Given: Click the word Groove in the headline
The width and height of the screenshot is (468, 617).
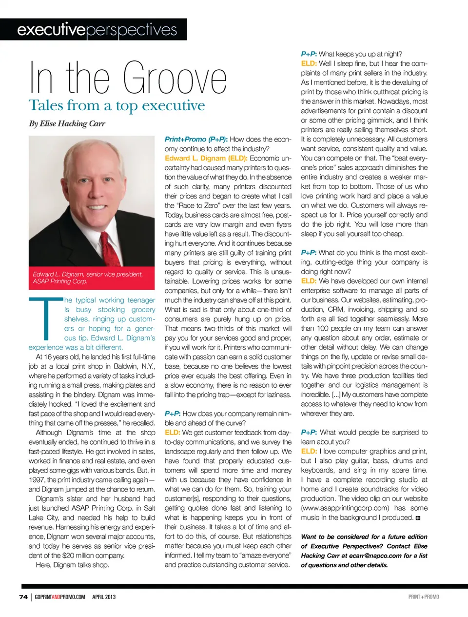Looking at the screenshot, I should tap(175, 78).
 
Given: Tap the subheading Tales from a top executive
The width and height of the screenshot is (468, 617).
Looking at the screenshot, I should tap(117, 105).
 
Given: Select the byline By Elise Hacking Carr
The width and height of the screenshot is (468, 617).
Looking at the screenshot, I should tap(67, 123).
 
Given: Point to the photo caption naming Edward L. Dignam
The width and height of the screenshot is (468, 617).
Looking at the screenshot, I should tap(88, 278).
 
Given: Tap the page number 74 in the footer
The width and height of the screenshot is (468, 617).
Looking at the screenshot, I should tap(23, 597).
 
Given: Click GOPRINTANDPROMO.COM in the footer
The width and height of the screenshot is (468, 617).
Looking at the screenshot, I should tap(60, 597).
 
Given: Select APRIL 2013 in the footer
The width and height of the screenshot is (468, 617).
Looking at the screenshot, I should tap(104, 597).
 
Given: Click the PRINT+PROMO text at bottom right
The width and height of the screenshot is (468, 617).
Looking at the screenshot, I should tap(423, 597).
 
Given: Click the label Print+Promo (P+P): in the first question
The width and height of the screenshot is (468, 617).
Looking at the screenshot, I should tap(196, 139).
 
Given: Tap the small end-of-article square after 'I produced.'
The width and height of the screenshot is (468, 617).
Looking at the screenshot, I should tap(418, 518).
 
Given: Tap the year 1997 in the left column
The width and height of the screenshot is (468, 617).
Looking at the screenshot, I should tap(37, 480).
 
